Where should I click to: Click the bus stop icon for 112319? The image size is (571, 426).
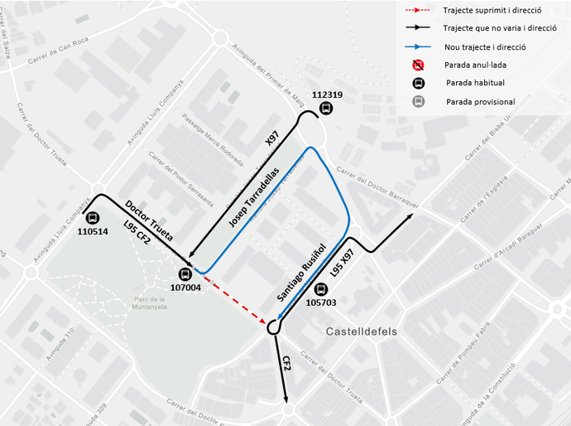click(x=328, y=109)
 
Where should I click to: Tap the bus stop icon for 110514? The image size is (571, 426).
click(x=92, y=218)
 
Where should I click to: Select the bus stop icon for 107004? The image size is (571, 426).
click(x=186, y=275)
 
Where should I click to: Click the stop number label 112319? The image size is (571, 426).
click(x=328, y=94)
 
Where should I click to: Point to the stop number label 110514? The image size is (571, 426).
click(x=92, y=232)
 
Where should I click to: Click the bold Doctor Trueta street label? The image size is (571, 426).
click(x=149, y=220)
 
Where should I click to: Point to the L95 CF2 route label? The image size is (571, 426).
click(x=137, y=234)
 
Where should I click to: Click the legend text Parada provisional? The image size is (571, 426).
click(x=480, y=102)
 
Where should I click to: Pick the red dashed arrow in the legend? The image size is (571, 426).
click(x=417, y=11)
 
